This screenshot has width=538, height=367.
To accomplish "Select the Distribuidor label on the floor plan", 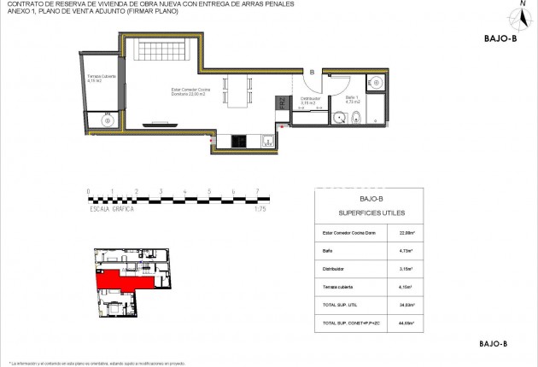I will [x=309, y=101].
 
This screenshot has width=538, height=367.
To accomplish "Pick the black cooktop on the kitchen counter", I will [x=237, y=141].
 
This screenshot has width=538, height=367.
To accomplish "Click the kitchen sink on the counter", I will [x=267, y=141].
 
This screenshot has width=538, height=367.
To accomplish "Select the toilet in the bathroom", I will [x=359, y=118].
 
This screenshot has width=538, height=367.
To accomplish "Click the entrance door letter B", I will [x=313, y=73].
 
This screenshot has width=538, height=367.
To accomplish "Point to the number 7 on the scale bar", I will [x=257, y=191].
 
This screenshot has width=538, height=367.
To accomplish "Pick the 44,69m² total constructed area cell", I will [x=406, y=323].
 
